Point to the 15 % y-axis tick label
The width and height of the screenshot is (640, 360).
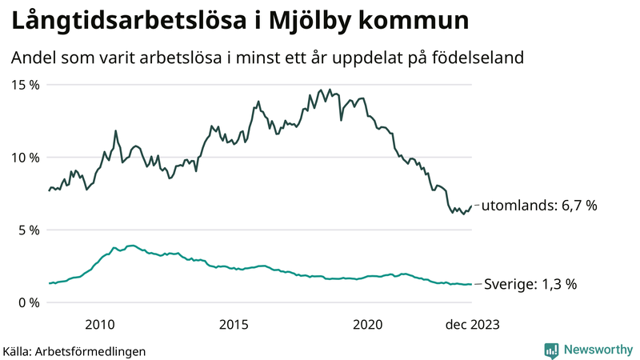click(x=26, y=85)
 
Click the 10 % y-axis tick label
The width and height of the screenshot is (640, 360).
click(x=26, y=158)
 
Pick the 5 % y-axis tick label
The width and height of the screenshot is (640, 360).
click(x=30, y=230)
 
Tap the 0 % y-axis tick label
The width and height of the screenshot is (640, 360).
click(x=30, y=302)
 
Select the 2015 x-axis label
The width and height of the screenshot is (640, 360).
click(x=234, y=324)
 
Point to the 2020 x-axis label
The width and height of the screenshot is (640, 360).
click(x=368, y=324)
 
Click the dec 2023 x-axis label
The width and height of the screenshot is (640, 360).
click(x=473, y=324)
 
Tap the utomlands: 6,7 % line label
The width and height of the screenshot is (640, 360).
click(x=539, y=206)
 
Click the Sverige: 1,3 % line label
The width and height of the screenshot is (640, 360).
click(x=529, y=284)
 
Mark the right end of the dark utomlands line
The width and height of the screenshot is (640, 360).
click(x=472, y=206)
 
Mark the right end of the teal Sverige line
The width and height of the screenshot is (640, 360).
click(x=472, y=284)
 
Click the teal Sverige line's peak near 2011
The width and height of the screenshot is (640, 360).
click(x=131, y=246)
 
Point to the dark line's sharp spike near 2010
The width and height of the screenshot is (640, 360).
click(x=116, y=130)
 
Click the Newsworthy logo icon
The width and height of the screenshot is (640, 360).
click(x=551, y=350)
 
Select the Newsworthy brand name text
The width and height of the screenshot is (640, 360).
click(x=597, y=350)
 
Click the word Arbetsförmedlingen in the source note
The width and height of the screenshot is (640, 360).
click(x=91, y=351)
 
